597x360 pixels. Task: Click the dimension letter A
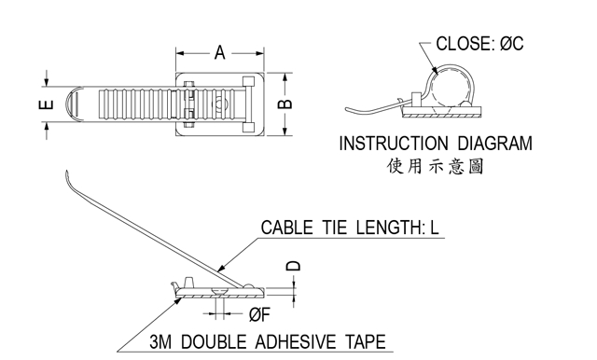pos(220,52)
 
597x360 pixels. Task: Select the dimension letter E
pos(46,104)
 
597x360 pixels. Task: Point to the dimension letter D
pos(293,266)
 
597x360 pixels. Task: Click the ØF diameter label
pos(259,314)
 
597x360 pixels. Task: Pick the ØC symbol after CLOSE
pos(512,44)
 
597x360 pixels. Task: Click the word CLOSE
pos(465,44)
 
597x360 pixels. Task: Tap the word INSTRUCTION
pos(394,144)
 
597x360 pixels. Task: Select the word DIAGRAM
pos(494,144)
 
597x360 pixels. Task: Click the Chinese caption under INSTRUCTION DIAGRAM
pos(436,166)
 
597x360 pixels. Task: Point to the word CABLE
pos(286,228)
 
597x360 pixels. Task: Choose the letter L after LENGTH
pos(435,228)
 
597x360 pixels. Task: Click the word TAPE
pos(366,341)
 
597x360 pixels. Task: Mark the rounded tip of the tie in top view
pos(73,104)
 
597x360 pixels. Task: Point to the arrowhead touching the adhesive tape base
pos(177,300)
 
